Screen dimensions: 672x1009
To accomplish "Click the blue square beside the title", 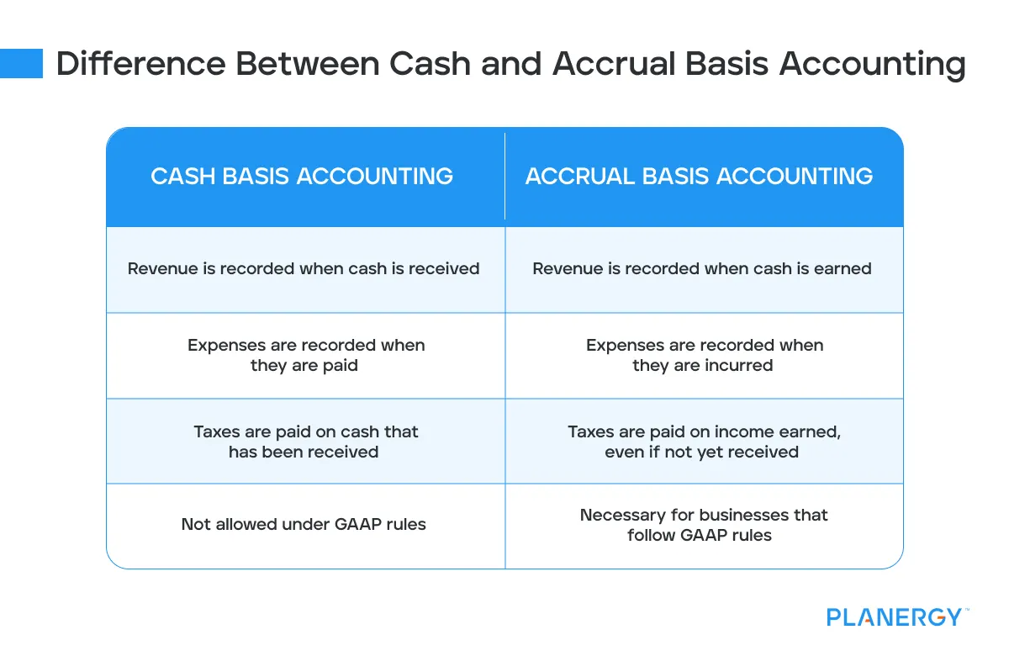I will point(21,64).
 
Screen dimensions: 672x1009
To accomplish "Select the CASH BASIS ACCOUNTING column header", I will point(302,176).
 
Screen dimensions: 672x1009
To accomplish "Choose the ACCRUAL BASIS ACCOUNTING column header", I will point(699,176).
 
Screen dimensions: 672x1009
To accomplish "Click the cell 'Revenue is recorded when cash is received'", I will point(304,269).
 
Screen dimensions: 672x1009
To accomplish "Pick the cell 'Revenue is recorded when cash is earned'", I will point(702,269).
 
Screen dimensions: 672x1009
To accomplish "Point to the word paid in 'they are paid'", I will point(341,366).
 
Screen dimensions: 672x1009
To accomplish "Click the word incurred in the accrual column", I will point(739,366).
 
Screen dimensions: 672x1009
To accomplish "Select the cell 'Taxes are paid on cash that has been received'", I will point(305,442).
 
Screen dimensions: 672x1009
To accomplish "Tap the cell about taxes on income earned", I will point(704,442).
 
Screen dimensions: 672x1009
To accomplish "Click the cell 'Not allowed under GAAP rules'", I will point(304,525).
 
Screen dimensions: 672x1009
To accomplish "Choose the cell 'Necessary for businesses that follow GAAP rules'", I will point(704,525).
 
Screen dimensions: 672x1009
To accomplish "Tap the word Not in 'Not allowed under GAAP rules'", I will point(195,525).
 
